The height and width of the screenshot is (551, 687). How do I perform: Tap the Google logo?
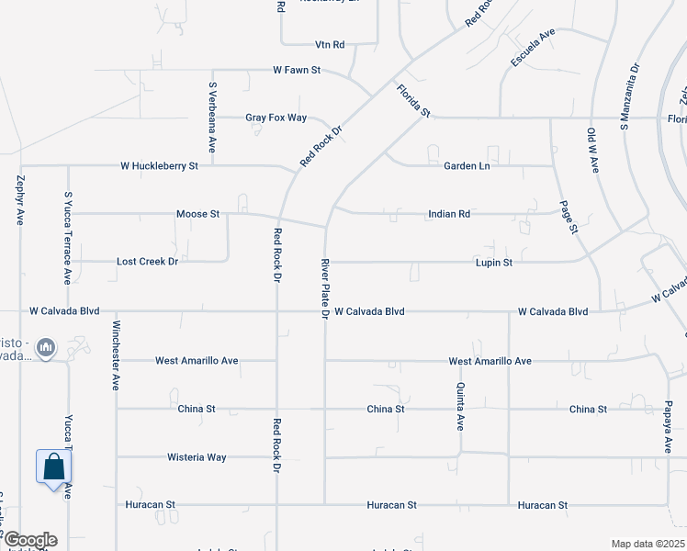click(29, 540)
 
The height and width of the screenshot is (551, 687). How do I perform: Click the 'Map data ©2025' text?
click(647, 544)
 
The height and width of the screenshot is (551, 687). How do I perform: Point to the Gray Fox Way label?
click(276, 118)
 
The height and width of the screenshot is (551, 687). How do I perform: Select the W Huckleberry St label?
click(159, 166)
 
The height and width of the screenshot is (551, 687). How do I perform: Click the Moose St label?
click(197, 214)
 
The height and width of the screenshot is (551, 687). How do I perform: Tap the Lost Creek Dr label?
click(147, 262)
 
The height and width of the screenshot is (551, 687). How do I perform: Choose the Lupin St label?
click(493, 262)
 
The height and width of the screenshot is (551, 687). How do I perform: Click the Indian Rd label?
click(449, 214)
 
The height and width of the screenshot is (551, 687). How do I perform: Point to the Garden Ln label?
click(467, 166)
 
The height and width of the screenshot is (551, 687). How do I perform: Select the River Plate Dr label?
click(325, 288)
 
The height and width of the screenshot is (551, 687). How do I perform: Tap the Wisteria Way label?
click(197, 456)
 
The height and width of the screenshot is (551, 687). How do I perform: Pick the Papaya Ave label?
click(669, 426)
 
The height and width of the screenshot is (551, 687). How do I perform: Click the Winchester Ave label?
click(117, 356)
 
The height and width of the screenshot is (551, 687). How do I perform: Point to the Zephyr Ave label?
click(20, 202)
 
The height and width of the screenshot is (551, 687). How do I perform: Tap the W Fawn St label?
click(296, 70)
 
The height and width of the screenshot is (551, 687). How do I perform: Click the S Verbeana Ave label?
click(212, 117)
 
